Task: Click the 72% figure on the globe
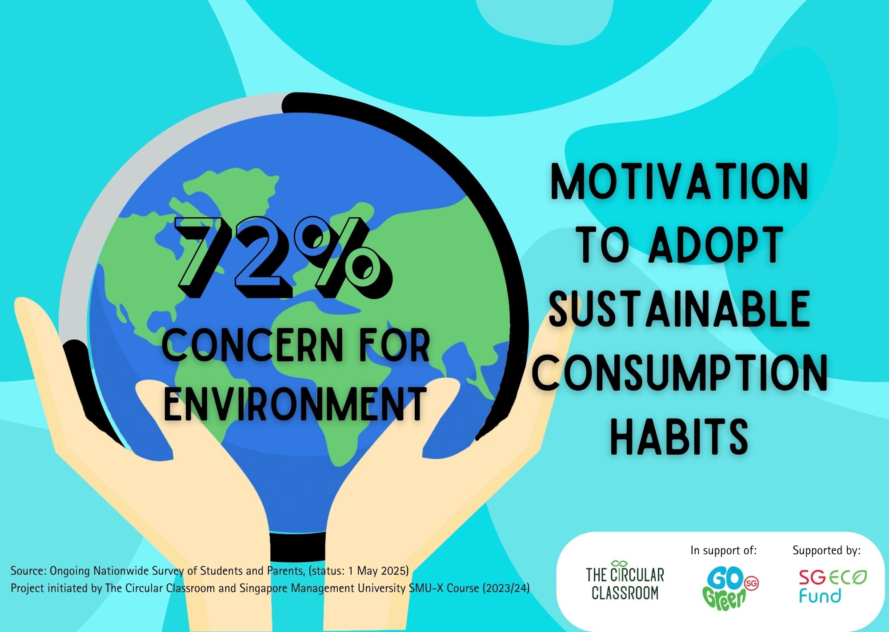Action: tap(284, 257)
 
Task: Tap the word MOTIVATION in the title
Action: tap(679, 182)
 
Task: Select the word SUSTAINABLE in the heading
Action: tap(679, 308)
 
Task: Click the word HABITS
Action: tap(679, 435)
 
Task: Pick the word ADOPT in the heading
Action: tap(716, 245)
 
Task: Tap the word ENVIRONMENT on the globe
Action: tap(295, 404)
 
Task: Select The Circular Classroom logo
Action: tap(625, 580)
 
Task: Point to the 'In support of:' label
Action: tap(723, 551)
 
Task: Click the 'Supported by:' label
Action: tap(826, 551)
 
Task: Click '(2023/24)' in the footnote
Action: tap(505, 588)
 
